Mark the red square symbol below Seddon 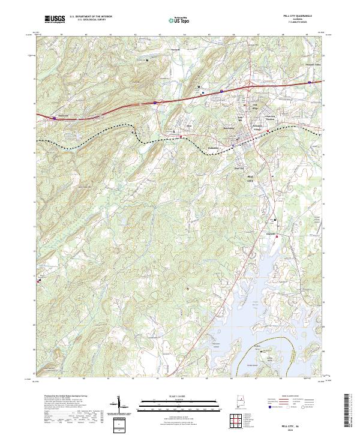(x=277, y=237)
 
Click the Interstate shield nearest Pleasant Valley (x=310, y=82)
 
